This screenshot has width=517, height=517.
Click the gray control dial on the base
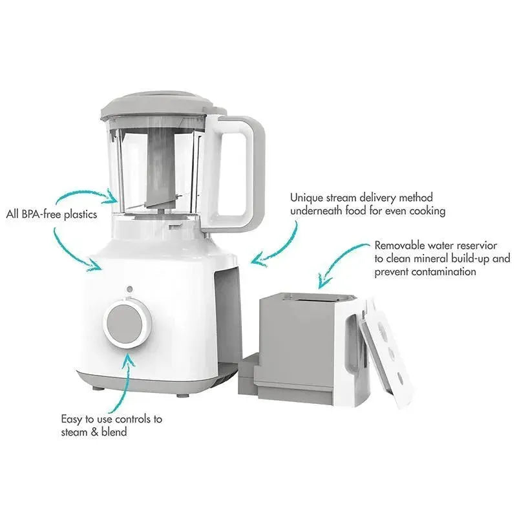pos(127,324)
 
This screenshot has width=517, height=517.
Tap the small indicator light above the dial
pos(130,289)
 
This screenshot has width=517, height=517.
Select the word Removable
pos(399,246)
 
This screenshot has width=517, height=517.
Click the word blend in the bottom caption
pos(114,432)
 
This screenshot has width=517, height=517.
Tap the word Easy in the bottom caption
pos(72,419)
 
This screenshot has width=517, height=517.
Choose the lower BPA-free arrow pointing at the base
pos(69,252)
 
